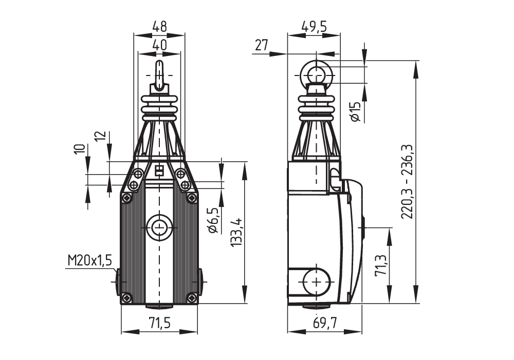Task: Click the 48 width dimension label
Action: (160, 27)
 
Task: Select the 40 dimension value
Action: (160, 45)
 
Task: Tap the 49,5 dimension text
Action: (314, 27)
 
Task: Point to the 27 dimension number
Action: (261, 45)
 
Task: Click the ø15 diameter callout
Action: (355, 111)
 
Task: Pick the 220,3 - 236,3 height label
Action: (408, 181)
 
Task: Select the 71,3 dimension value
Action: (381, 266)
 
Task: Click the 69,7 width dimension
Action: (324, 324)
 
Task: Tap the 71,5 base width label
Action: (160, 324)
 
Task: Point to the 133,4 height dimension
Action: (236, 232)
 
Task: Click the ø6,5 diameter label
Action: (213, 220)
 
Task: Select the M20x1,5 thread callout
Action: (89, 261)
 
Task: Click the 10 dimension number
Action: (80, 149)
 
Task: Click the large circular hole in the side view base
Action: (316, 282)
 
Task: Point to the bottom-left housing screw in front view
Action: (127, 297)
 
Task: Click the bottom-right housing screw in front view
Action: (192, 297)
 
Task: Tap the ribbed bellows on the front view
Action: (159, 107)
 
